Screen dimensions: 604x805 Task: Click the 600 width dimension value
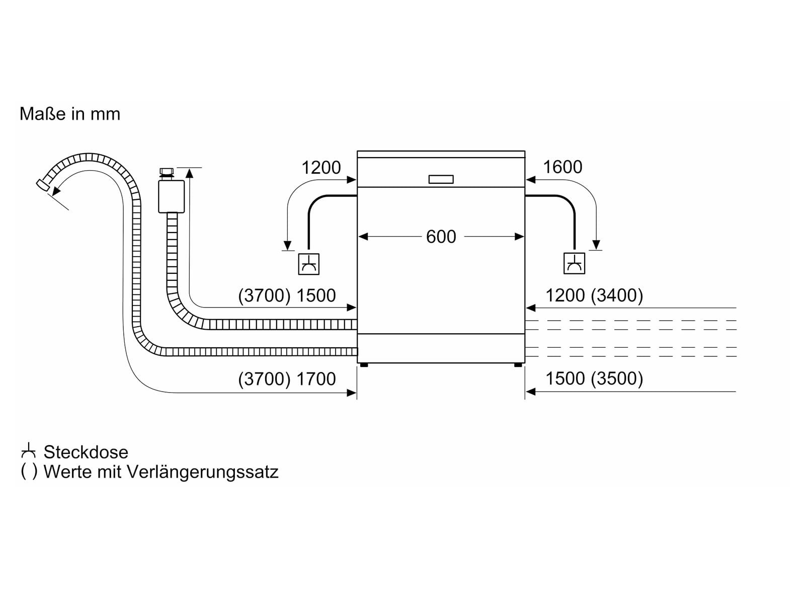(441, 237)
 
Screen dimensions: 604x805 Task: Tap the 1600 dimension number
(562, 167)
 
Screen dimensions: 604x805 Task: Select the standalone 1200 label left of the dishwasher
(321, 168)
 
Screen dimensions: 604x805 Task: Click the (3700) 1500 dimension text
(287, 295)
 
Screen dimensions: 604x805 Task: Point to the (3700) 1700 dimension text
(287, 379)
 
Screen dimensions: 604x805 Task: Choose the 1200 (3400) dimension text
(594, 295)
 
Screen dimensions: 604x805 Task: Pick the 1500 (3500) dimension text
(594, 379)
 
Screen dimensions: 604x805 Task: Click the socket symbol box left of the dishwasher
(308, 264)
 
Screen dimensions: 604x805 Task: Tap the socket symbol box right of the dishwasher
(574, 264)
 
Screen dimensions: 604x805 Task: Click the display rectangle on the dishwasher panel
(441, 179)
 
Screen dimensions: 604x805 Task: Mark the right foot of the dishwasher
(518, 364)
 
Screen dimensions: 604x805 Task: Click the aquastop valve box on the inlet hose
(171, 196)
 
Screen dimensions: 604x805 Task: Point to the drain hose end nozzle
(43, 184)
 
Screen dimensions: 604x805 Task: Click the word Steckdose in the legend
(86, 452)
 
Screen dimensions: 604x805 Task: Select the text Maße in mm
(70, 114)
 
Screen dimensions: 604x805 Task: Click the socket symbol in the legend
(29, 451)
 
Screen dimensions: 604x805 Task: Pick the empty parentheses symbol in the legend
(29, 472)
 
